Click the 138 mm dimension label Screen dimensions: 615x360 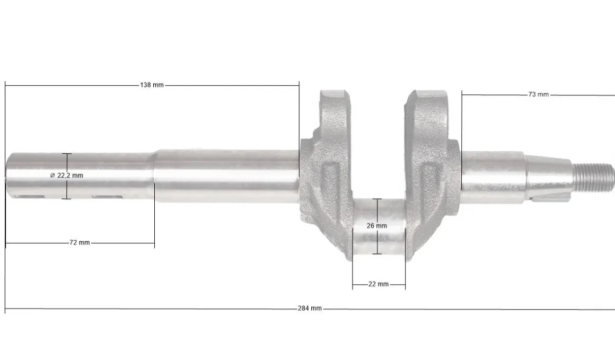152,85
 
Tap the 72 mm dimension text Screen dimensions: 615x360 80,243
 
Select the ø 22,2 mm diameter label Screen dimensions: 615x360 67,175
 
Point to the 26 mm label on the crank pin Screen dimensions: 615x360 377,226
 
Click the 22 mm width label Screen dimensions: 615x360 379,284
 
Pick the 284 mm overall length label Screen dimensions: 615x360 310,309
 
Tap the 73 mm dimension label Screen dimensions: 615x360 539,94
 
